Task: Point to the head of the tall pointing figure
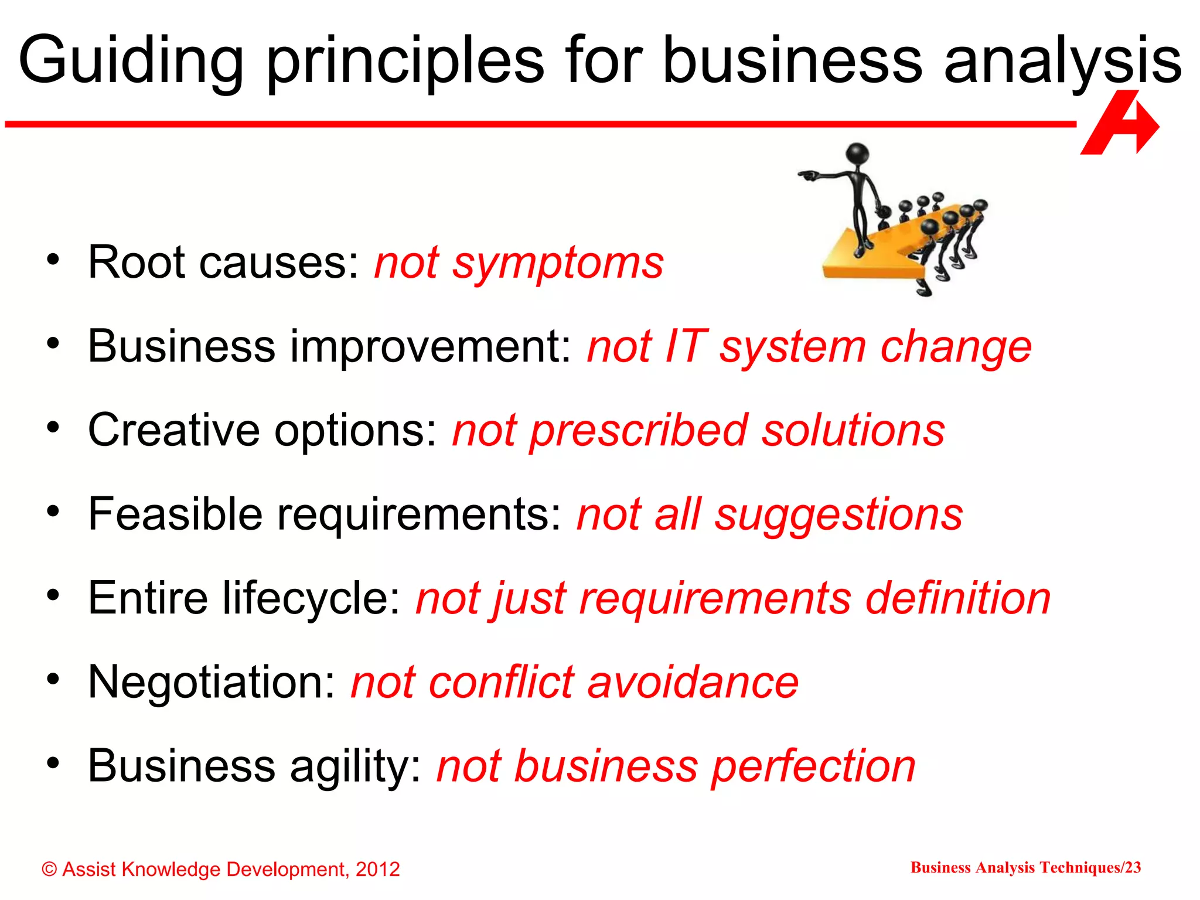(858, 154)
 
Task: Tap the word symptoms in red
(558, 263)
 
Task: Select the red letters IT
(686, 346)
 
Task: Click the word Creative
(173, 430)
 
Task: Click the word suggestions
(838, 515)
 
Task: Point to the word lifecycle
(304, 599)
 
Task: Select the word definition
(958, 598)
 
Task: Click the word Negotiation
(212, 682)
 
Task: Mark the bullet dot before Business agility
(54, 763)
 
